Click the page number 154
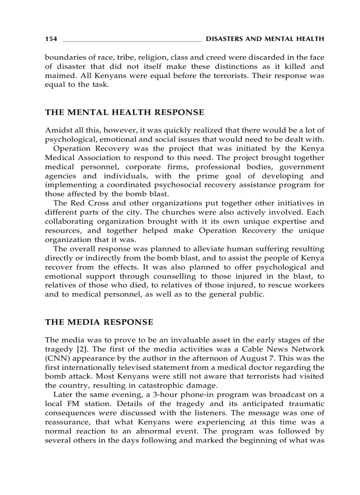click(x=51, y=39)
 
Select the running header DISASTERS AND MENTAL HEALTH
click(x=265, y=39)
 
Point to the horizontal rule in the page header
click(x=132, y=41)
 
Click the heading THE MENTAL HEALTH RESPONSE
click(x=124, y=112)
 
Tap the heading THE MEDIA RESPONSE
click(x=99, y=322)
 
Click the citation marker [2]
click(x=78, y=349)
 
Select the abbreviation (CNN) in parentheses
click(x=55, y=358)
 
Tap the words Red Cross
click(x=84, y=203)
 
